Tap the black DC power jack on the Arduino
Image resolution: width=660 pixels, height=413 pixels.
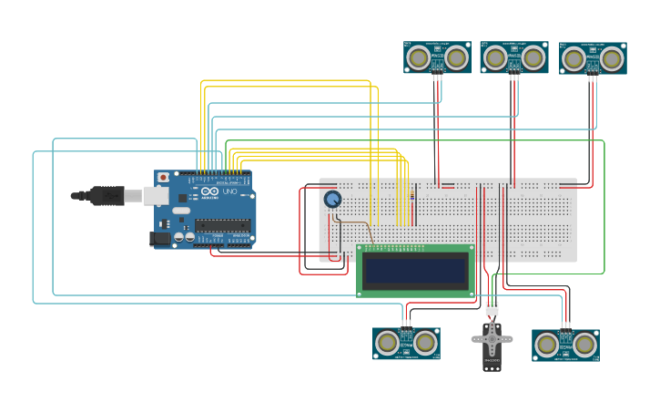pos(159,238)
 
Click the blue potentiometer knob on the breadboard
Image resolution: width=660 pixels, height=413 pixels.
pos(332,199)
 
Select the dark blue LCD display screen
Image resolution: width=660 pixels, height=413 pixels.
pos(415,270)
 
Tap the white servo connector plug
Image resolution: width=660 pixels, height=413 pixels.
pos(492,308)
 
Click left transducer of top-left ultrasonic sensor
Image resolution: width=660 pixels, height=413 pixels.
pos(419,58)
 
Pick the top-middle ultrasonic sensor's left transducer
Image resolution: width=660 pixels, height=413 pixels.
pos(495,58)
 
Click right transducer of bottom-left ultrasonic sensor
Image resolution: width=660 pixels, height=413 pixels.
pos(424,343)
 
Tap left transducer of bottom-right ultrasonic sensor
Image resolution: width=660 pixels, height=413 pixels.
pos(546,344)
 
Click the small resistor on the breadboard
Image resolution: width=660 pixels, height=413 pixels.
pos(414,194)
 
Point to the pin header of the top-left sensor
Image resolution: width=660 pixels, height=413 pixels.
pos(438,77)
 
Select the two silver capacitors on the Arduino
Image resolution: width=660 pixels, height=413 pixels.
pos(184,237)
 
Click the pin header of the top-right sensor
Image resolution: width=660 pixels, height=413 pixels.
pos(593,77)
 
